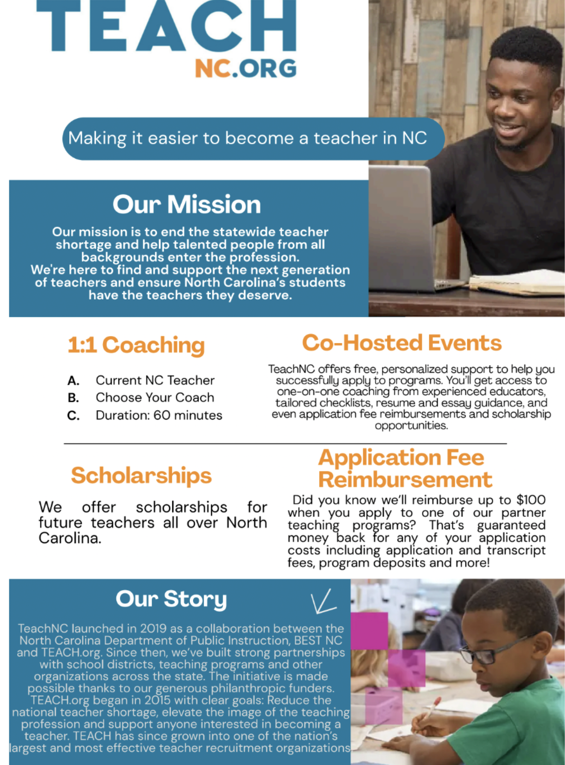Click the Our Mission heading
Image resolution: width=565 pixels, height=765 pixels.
pyautogui.click(x=187, y=205)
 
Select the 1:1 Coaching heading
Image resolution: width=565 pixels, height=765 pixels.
pyautogui.click(x=136, y=345)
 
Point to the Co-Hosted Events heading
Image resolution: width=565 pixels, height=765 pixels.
pyautogui.click(x=402, y=343)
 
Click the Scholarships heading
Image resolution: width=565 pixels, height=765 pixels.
pyautogui.click(x=141, y=475)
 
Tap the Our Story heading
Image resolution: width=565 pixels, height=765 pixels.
pyautogui.click(x=171, y=599)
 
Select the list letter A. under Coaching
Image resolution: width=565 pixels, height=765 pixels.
pyautogui.click(x=73, y=381)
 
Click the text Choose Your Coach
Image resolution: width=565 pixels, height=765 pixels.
pyautogui.click(x=155, y=398)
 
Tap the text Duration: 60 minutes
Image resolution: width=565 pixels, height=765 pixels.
pyautogui.click(x=159, y=415)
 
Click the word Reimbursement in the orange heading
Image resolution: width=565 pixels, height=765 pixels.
pyautogui.click(x=405, y=480)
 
